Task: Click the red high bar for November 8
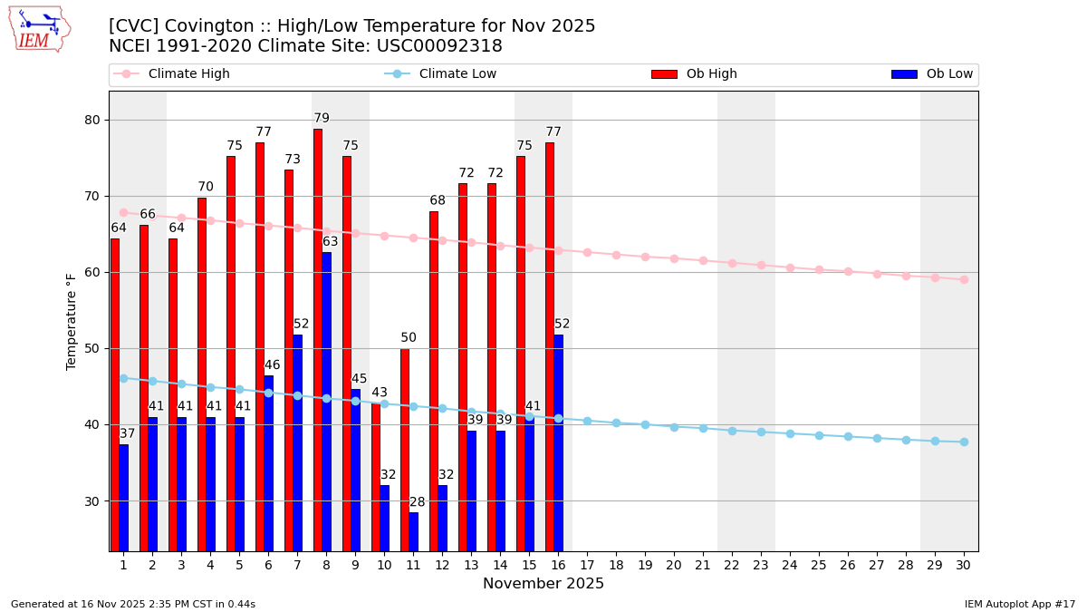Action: tap(318, 340)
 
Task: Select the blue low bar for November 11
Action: tap(413, 531)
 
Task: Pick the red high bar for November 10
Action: tap(376, 477)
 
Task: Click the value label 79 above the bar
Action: tap(322, 119)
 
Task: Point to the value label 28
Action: tap(417, 502)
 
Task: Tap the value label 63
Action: tap(330, 242)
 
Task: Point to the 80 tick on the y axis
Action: tap(92, 121)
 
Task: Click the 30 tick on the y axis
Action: tap(92, 501)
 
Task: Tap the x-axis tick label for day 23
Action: tap(761, 565)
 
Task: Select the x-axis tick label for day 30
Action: tap(964, 565)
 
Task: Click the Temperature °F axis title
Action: tap(72, 321)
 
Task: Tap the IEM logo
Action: tap(39, 29)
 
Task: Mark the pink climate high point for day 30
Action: tap(964, 279)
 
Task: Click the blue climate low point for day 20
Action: tap(674, 427)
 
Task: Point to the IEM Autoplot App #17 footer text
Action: tap(1019, 604)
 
